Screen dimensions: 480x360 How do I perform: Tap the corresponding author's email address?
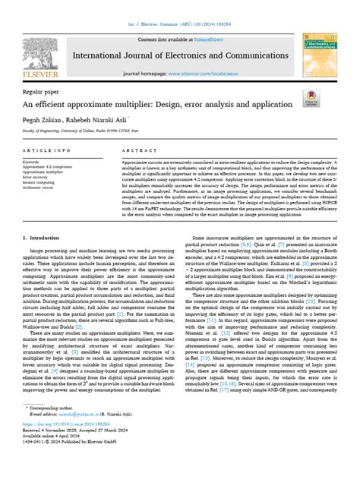click(x=76, y=443)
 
